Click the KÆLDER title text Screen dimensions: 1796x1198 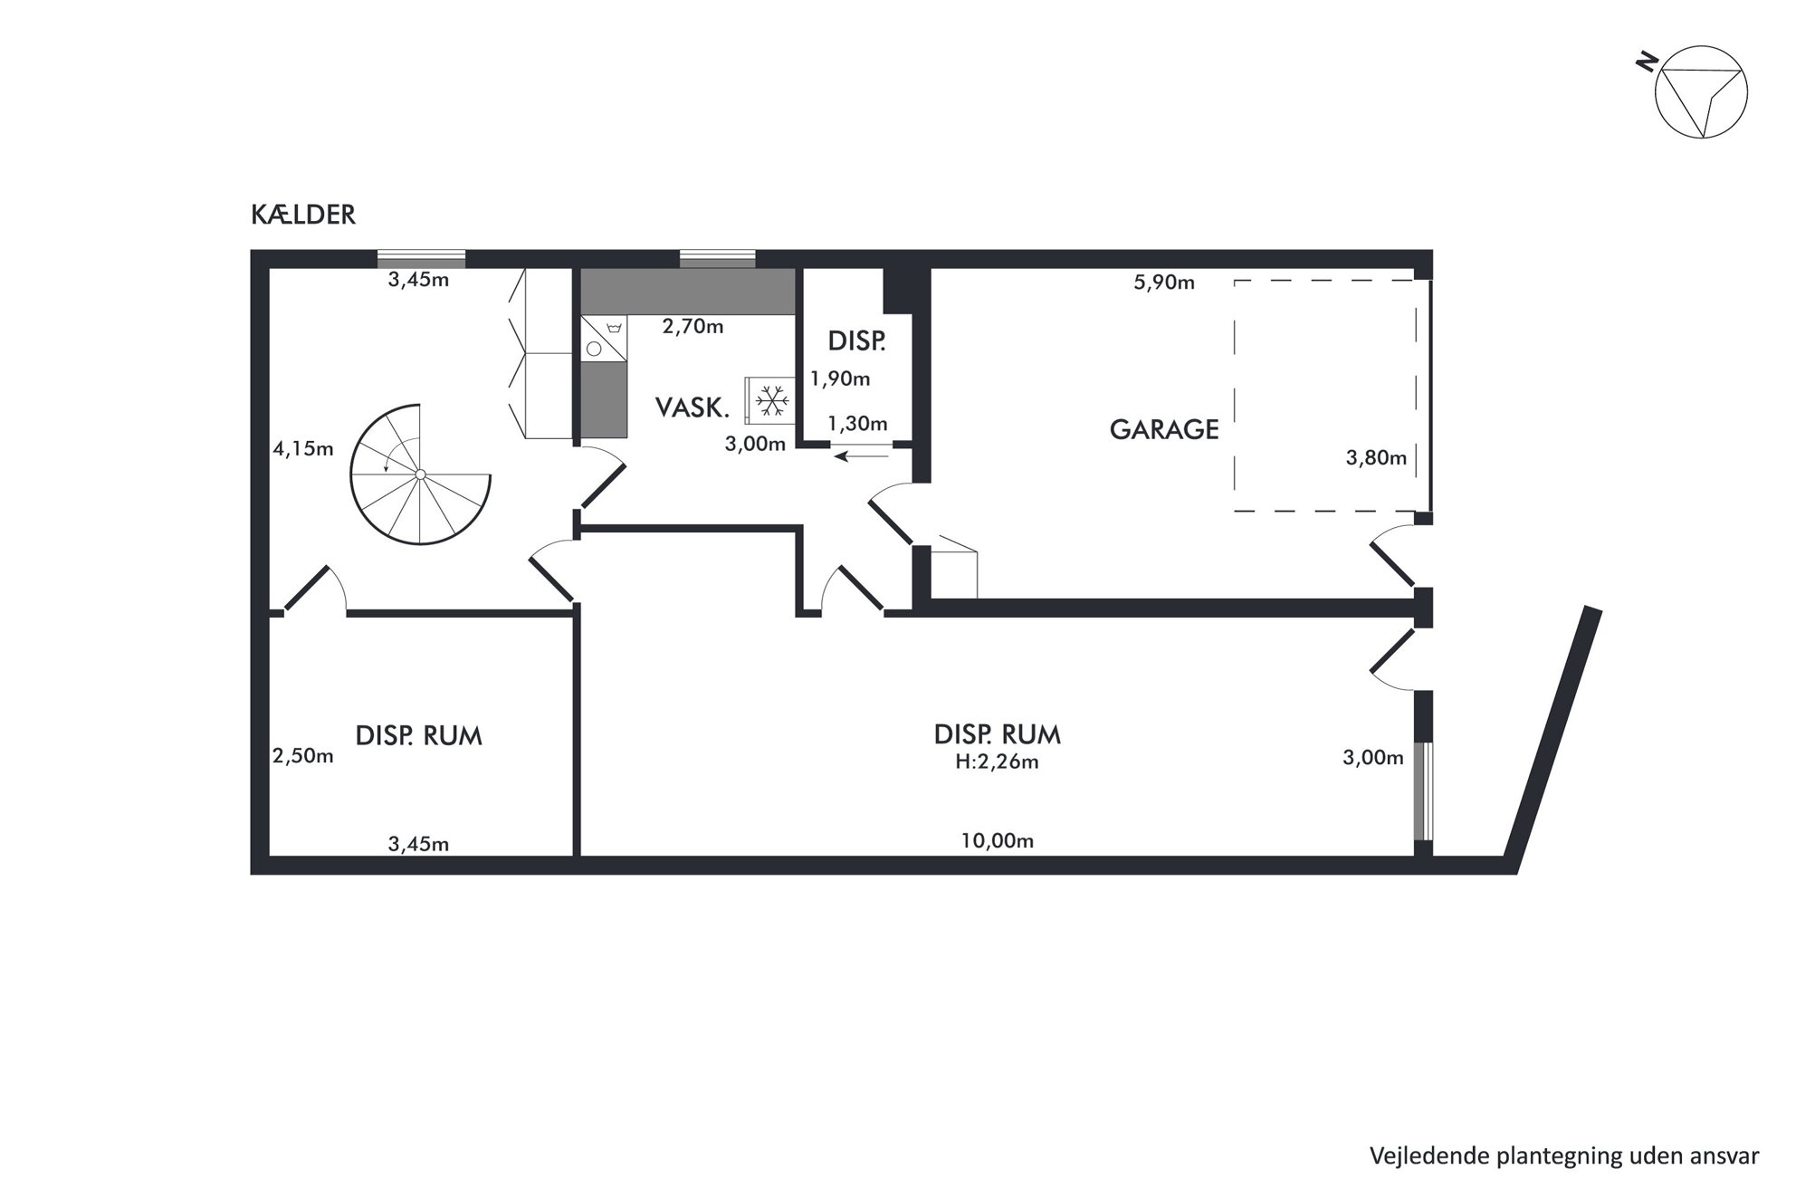[303, 215]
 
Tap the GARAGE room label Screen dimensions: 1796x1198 [1164, 429]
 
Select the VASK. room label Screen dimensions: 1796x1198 [693, 407]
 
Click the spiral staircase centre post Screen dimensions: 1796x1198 [421, 474]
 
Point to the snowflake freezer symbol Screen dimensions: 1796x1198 [772, 400]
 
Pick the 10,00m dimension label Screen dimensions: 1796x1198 [998, 841]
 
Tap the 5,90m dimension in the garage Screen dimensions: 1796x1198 [1164, 283]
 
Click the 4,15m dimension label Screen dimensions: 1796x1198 [303, 448]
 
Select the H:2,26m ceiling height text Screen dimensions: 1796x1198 [997, 762]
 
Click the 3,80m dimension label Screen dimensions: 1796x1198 [1376, 458]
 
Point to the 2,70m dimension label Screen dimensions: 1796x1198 [693, 327]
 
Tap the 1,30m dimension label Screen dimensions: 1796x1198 [857, 424]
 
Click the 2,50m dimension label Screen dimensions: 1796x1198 [303, 756]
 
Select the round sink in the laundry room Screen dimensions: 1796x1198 [594, 348]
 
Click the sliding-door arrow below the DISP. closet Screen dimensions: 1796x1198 [863, 456]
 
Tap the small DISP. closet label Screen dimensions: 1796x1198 [856, 341]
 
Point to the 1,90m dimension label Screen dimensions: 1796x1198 [840, 379]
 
